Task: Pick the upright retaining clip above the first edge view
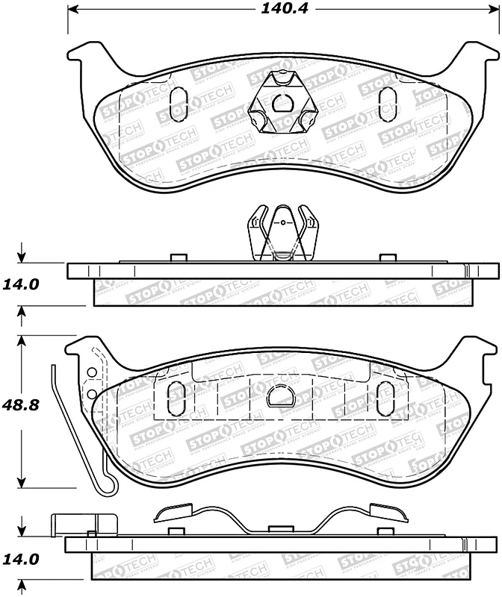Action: click(x=284, y=233)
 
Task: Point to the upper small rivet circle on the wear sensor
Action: click(x=91, y=373)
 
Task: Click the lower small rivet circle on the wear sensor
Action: click(x=91, y=393)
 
